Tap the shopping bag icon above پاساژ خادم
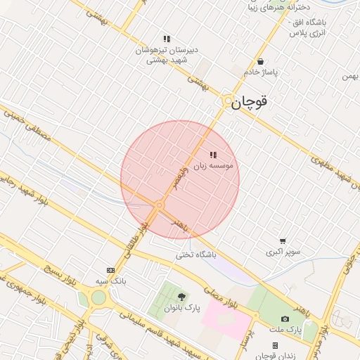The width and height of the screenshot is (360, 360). [x=260, y=62]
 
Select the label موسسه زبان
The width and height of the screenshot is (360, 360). [x=218, y=166]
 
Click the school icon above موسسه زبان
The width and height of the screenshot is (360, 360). [x=213, y=155]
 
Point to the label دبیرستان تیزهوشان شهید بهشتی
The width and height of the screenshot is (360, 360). [x=167, y=56]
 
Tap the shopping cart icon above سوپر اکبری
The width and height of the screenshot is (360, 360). [x=283, y=240]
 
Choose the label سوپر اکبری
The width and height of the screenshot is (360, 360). [x=283, y=251]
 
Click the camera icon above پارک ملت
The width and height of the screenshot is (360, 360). [x=285, y=319]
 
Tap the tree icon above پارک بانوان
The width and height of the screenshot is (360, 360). [x=182, y=297]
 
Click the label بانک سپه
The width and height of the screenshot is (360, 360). [x=110, y=281]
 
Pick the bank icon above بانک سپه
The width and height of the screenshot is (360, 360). [x=110, y=270]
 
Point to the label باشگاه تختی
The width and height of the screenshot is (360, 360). [x=194, y=255]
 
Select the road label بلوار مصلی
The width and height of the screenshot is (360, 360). [x=222, y=294]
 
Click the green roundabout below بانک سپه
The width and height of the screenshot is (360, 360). [x=97, y=297]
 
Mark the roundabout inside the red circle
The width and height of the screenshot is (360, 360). [x=160, y=205]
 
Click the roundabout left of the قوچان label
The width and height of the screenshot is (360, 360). [x=227, y=103]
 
